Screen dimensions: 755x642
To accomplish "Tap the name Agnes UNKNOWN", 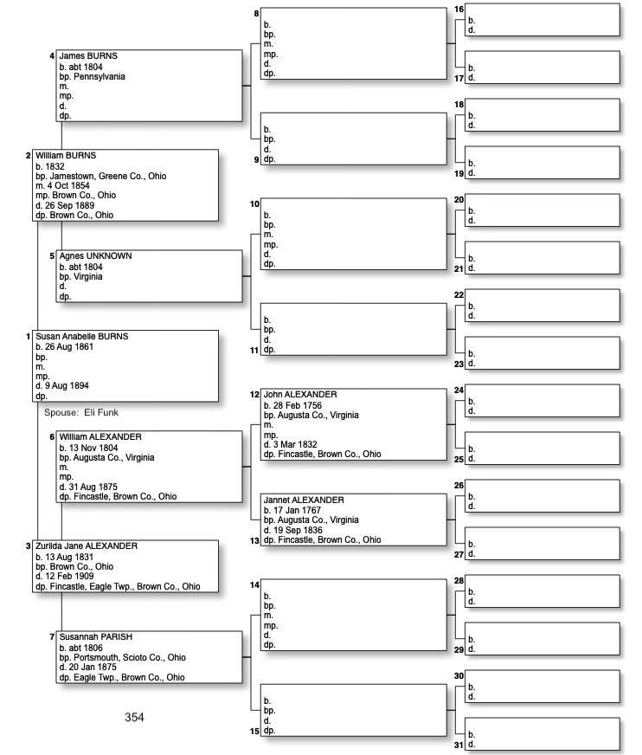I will point(95,256).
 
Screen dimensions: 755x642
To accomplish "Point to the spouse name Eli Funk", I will point(100,413).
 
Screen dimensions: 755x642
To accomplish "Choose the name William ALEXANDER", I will point(100,437).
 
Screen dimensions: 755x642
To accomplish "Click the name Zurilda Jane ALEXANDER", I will point(87,546).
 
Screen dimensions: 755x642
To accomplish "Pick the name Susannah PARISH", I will point(95,637).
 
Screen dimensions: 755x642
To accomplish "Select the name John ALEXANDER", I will point(300,395).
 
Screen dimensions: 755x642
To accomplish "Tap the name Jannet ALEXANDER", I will point(304,500).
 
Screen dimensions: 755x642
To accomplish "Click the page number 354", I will point(134,717).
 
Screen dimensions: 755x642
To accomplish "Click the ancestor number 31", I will point(459,745).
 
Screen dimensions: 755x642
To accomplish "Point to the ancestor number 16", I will point(459,10).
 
